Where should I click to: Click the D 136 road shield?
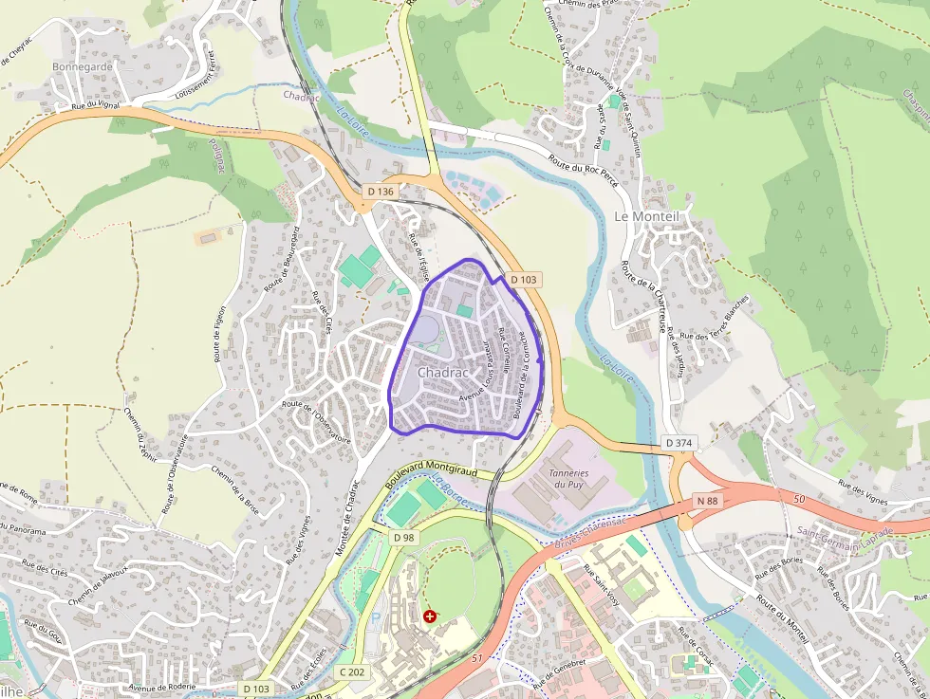point(380,192)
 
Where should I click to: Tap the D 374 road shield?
point(679,443)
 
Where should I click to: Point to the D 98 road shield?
point(404,538)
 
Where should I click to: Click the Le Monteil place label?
point(648,216)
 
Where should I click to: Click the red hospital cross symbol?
point(431,616)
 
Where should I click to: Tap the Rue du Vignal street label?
point(96,105)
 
